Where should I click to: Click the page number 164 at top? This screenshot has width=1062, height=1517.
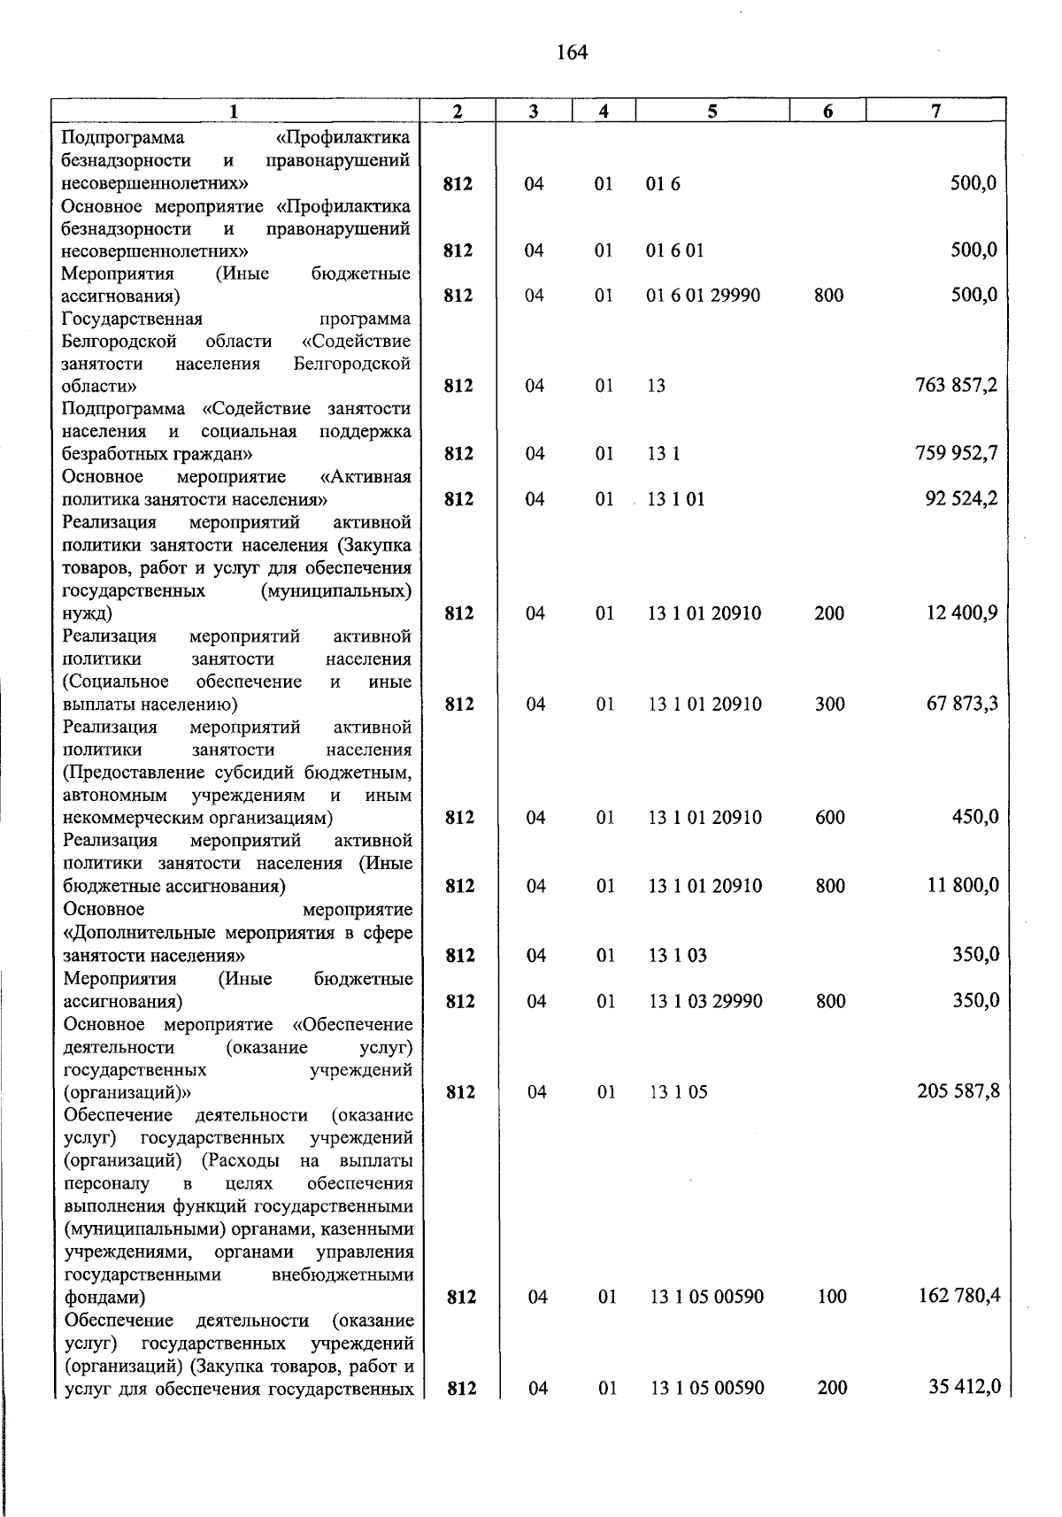(x=573, y=53)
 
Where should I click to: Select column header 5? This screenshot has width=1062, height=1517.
(x=712, y=111)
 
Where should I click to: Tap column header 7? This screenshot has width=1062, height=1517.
(x=935, y=111)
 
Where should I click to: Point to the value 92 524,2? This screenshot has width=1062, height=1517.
(x=962, y=498)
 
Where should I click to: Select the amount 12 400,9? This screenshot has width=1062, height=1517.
(x=962, y=612)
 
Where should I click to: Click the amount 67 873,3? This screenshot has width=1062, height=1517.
(x=962, y=704)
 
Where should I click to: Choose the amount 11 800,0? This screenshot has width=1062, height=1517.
(x=963, y=885)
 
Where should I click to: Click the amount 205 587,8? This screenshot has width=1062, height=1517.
(x=958, y=1091)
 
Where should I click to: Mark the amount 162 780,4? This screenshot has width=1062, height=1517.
(x=958, y=1296)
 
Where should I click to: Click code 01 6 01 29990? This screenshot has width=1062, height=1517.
(x=703, y=295)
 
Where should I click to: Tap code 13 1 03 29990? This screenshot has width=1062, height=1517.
(x=705, y=1001)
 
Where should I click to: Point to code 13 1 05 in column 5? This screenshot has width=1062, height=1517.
(x=679, y=1092)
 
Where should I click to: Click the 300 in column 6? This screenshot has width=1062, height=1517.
(x=829, y=705)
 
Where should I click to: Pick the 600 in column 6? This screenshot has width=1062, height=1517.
(x=829, y=817)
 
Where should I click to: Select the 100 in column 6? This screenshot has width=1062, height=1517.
(x=832, y=1297)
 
